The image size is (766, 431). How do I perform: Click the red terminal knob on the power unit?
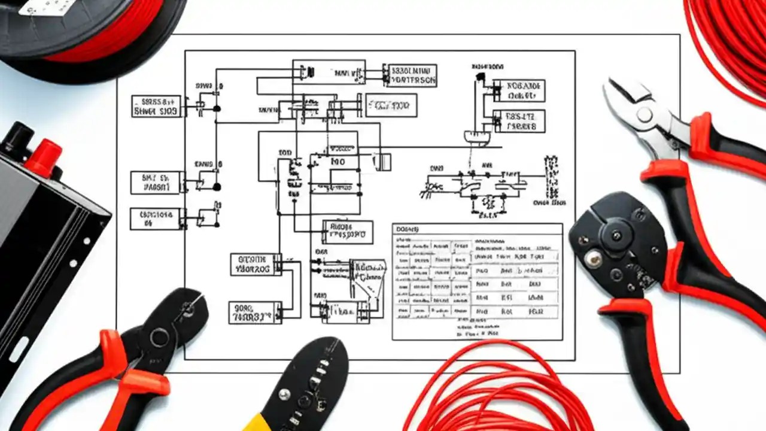(43, 156)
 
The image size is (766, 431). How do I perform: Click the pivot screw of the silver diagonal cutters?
(645, 115)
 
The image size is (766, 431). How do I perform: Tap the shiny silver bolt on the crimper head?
(593, 258)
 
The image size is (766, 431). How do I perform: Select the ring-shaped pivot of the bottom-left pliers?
(159, 337)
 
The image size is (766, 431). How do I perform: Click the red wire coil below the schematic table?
(497, 389)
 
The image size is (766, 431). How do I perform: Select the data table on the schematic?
(477, 281)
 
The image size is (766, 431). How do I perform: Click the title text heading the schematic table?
(408, 229)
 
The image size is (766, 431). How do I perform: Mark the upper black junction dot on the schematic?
(217, 108)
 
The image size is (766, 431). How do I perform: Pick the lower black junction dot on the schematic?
(217, 187)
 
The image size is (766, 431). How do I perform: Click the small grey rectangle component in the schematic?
(382, 162)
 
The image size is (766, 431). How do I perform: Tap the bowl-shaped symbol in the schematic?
(477, 138)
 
